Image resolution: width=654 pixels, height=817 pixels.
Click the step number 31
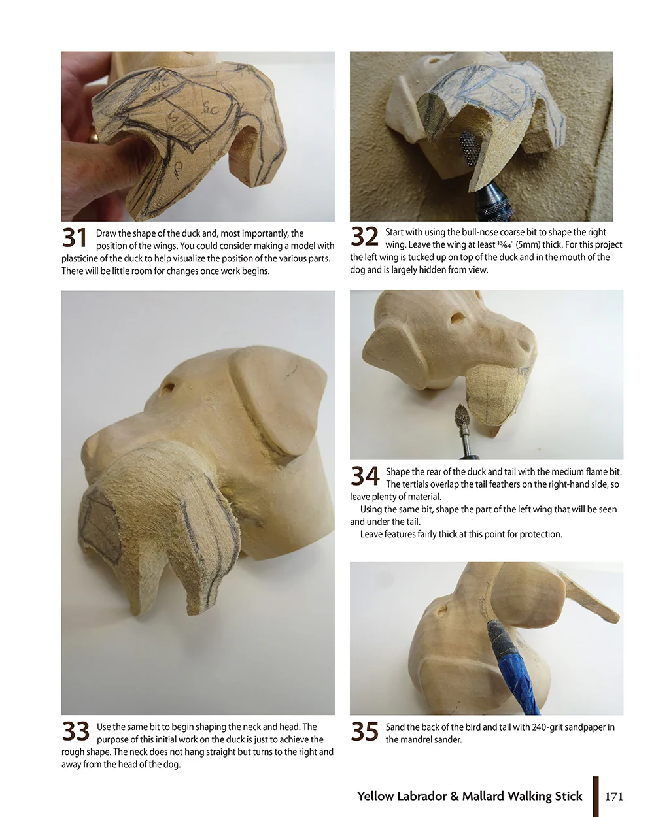[x=75, y=239]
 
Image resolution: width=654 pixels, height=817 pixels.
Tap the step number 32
[x=364, y=237]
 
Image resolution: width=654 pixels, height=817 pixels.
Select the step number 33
[x=75, y=731]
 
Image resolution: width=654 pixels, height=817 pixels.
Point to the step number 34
[x=365, y=476]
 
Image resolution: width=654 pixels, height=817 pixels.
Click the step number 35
[x=364, y=731]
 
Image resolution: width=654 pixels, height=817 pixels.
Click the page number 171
[x=614, y=796]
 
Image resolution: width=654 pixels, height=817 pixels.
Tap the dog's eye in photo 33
[x=167, y=388]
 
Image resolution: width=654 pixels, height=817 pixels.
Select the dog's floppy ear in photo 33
[x=281, y=405]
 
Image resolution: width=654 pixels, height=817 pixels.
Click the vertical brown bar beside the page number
[x=596, y=796]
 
